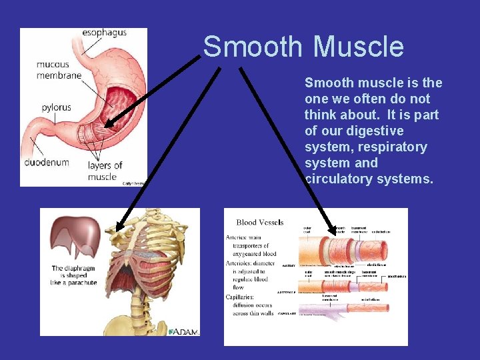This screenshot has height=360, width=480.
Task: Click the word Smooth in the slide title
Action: coord(254,47)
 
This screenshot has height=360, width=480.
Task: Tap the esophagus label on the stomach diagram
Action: coord(105,33)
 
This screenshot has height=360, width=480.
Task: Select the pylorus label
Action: coord(57,107)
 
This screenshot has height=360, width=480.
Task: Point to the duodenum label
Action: coord(47,162)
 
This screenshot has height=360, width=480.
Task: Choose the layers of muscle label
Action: coord(105,171)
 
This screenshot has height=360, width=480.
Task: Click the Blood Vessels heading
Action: coord(260,223)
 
